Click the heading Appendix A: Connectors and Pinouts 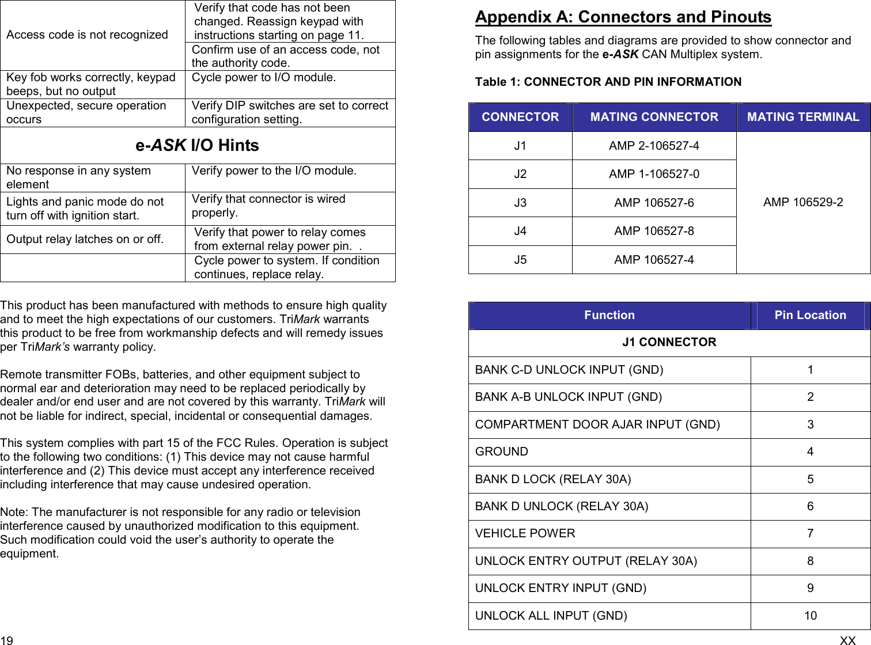[x=623, y=17]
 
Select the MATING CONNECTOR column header [x=654, y=117]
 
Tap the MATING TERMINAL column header [x=803, y=117]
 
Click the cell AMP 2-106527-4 [x=654, y=146]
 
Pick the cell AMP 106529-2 [x=803, y=202]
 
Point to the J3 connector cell [x=520, y=203]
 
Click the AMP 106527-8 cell [x=654, y=231]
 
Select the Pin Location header [x=810, y=315]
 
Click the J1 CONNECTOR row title [x=669, y=342]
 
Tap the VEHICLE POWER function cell [x=525, y=533]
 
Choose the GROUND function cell [x=501, y=451]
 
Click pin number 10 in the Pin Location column [x=810, y=616]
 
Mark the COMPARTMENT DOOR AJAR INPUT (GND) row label [x=597, y=424]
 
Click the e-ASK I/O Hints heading [x=197, y=146]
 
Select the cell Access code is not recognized [x=87, y=35]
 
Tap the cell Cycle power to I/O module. [x=264, y=78]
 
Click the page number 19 [x=7, y=640]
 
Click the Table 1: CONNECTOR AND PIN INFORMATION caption [x=608, y=82]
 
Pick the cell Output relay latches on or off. [x=85, y=239]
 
